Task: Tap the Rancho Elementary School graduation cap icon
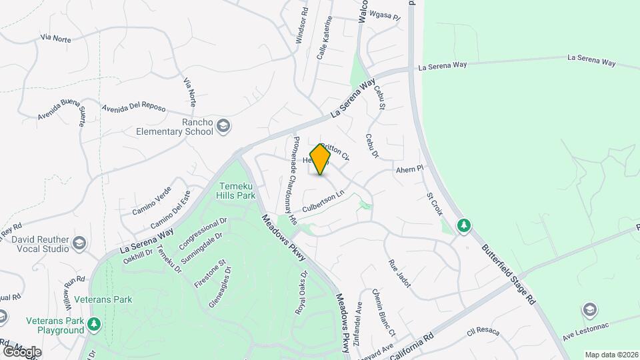coord(225,126)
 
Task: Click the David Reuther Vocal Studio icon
coord(80,243)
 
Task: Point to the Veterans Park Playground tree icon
coord(95,324)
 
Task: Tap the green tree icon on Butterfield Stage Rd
coord(463,226)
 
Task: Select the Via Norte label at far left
coord(55,39)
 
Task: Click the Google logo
coord(22,351)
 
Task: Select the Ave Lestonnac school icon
coord(589,309)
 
